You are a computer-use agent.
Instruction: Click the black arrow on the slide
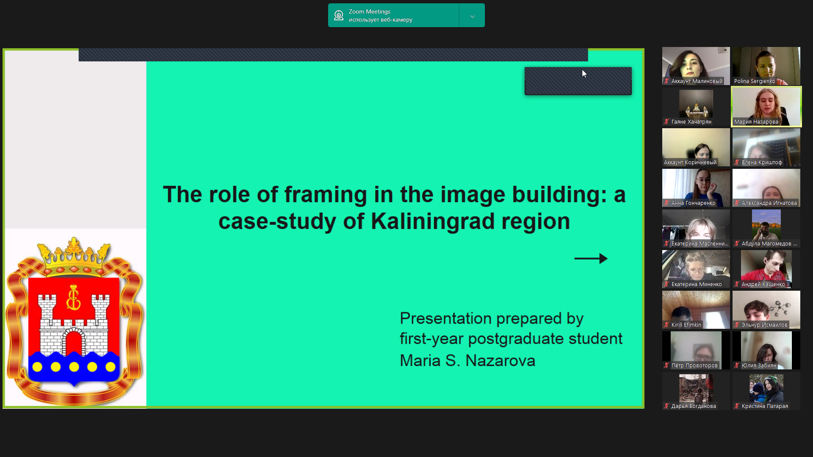[x=591, y=259]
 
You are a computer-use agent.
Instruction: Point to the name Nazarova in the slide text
[x=501, y=361]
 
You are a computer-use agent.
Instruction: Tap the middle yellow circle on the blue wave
[x=74, y=367]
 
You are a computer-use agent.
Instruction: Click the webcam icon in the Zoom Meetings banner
[x=339, y=16]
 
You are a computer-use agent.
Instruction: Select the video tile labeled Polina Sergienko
[x=766, y=66]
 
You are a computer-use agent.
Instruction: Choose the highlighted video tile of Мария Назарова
[x=766, y=107]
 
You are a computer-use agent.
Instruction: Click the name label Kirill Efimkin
[x=686, y=325]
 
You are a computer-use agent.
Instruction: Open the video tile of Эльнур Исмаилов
[x=766, y=310]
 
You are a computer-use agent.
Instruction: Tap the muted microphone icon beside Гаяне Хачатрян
[x=666, y=122]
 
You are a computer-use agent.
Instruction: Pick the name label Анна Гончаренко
[x=693, y=203]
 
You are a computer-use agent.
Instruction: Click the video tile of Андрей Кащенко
[x=766, y=269]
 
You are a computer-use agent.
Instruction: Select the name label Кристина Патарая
[x=765, y=406]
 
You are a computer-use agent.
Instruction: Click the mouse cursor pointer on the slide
[x=584, y=74]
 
